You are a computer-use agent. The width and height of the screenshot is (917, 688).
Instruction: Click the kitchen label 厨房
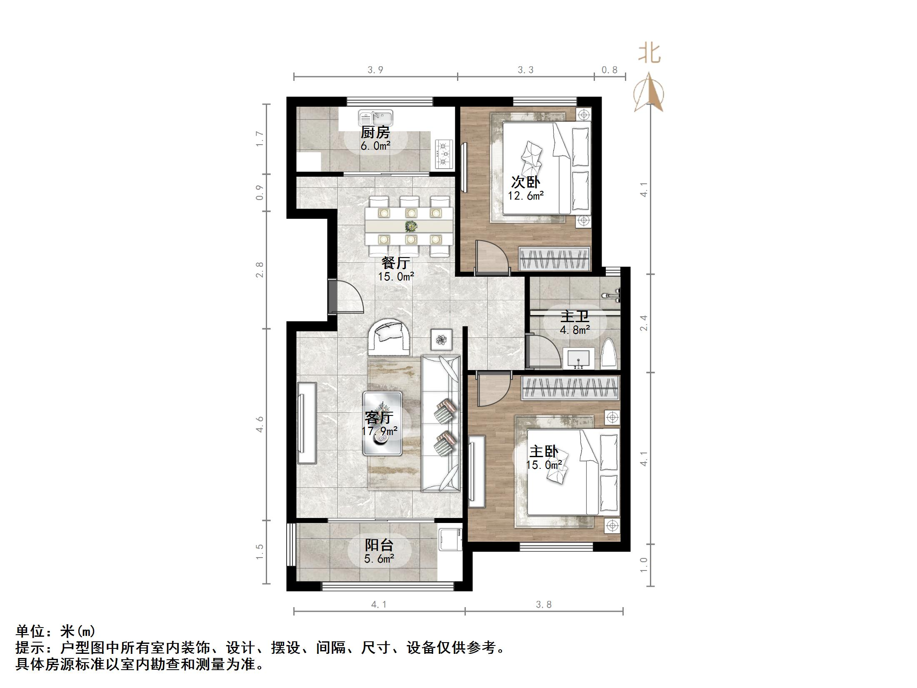(375, 133)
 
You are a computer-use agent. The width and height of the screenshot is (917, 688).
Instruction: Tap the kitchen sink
(375, 118)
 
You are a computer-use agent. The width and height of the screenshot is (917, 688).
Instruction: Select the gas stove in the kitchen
(445, 153)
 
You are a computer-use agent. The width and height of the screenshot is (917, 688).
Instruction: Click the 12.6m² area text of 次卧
(525, 195)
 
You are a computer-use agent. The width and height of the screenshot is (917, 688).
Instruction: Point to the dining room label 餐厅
(395, 263)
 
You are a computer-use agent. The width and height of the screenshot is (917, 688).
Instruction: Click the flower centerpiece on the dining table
(411, 226)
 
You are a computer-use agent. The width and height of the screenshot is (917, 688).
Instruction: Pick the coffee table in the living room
(382, 423)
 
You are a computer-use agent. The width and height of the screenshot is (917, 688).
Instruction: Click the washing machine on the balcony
(450, 540)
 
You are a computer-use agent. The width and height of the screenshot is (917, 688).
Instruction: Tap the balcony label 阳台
(379, 545)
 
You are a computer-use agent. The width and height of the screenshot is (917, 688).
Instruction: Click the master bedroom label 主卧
(543, 451)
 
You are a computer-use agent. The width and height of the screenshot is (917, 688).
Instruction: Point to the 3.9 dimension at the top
(375, 70)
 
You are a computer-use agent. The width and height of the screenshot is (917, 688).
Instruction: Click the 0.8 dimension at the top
(609, 70)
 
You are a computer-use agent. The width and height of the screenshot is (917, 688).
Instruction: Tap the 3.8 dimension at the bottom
(543, 605)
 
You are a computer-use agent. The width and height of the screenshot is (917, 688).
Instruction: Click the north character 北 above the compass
(649, 54)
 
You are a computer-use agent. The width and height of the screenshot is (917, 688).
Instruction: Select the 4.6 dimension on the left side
(260, 424)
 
